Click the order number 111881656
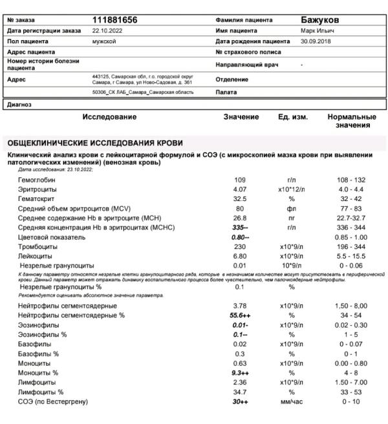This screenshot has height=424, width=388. click(x=114, y=21)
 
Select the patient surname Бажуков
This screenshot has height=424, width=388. click(x=321, y=21)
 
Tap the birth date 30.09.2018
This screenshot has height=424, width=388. click(x=315, y=41)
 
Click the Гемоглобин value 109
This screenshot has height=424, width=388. click(x=239, y=179)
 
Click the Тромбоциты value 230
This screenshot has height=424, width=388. click(x=239, y=247)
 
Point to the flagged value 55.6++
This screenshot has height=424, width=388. click(x=241, y=315)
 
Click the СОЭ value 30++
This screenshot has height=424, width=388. click(x=241, y=402)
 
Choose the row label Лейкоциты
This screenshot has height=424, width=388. click(x=37, y=256)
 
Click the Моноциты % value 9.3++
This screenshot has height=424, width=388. click(x=241, y=373)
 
